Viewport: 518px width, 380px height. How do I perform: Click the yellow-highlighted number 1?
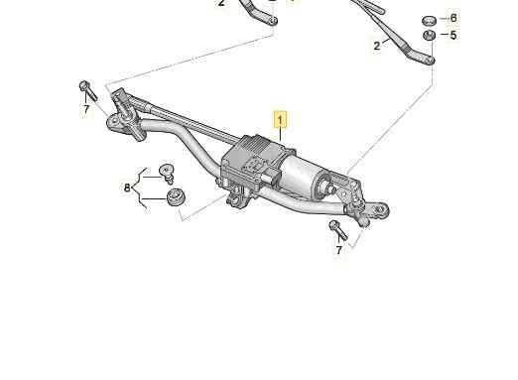280,120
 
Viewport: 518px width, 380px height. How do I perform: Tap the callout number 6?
453,18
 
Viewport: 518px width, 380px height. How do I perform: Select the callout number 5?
453,35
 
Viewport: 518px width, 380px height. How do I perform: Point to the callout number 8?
127,188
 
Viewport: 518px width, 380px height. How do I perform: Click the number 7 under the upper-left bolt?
86,109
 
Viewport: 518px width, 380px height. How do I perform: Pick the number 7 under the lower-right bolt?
338,250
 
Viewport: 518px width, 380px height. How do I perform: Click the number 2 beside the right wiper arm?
377,46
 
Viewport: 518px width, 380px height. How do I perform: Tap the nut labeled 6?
430,21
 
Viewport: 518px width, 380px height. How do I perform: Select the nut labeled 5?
430,35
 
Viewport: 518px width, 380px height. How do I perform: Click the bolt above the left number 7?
88,90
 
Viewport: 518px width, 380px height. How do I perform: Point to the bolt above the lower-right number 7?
338,230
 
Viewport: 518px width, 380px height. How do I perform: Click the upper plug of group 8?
167,174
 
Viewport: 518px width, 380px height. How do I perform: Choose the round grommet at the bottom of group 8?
176,197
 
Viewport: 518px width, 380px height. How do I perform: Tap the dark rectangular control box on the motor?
252,157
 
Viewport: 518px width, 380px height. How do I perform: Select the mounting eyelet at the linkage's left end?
114,122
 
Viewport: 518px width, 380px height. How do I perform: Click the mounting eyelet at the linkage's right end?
380,209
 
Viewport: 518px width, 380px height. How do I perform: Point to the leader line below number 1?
280,134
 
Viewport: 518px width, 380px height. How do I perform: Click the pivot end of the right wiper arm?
430,60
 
